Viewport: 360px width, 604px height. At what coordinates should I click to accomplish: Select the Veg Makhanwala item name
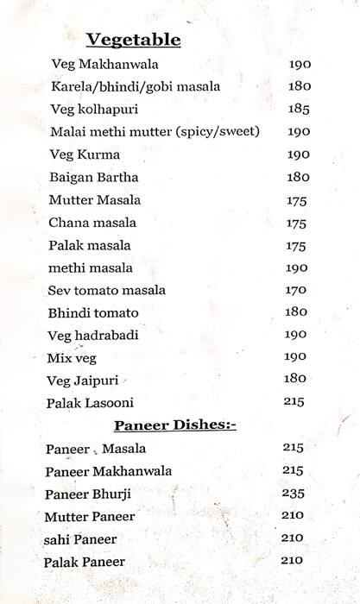[105, 65]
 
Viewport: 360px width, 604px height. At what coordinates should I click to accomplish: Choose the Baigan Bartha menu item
[94, 177]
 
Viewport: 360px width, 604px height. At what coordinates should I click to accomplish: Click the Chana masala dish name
[92, 223]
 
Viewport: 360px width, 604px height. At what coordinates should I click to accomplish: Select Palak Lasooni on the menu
[92, 403]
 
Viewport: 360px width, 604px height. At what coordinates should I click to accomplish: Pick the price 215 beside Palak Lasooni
[295, 401]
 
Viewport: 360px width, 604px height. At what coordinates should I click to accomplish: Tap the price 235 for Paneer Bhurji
[293, 493]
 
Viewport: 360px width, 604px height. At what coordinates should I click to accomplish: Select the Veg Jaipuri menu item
[83, 380]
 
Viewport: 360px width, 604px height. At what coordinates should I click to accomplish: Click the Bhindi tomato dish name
[94, 312]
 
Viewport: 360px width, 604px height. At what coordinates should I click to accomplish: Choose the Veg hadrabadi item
[93, 335]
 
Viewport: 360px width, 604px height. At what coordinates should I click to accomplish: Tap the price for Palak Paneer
[292, 560]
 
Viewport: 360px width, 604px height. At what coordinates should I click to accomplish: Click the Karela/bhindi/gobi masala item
[136, 87]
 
